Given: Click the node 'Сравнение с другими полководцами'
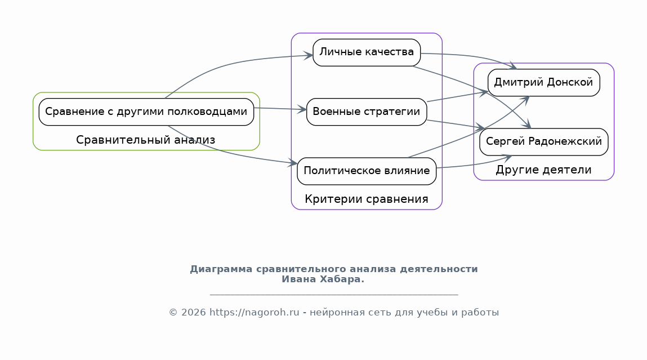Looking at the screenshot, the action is point(146,112).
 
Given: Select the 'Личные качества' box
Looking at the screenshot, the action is point(367,52).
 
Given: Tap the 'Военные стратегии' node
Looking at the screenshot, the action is point(367,112).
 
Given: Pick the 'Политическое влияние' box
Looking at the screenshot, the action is point(367,171).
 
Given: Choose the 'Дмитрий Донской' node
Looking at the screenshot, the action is point(543,83).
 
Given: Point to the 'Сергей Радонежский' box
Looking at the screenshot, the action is point(543,141).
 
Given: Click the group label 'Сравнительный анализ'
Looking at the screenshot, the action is point(146,140).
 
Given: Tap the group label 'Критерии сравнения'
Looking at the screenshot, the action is point(367,199).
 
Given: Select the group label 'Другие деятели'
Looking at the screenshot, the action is point(543,170).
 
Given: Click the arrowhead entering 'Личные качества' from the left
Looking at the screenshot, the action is point(309,55).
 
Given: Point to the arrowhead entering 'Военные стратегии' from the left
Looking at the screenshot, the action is point(302,109).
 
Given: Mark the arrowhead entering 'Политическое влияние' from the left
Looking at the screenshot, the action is point(293,163).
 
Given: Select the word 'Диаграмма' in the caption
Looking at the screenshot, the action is point(221,270).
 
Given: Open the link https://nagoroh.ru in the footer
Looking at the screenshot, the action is point(254,313).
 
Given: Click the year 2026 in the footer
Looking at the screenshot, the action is point(193,313).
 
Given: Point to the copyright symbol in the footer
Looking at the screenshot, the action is point(173,313).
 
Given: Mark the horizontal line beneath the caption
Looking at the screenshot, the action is point(334,295).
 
